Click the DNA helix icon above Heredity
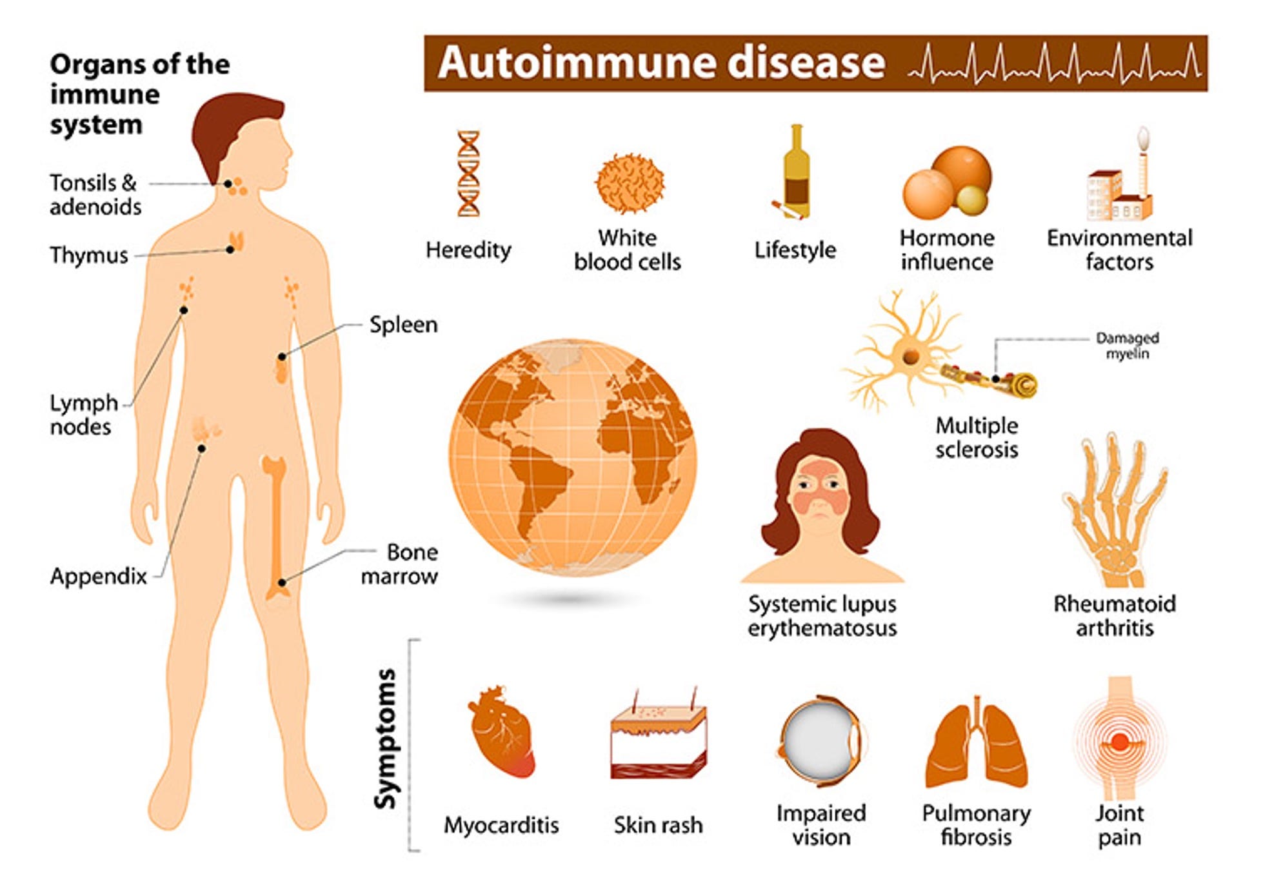pos(468,174)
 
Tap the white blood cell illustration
pos(629,183)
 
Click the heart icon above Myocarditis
pos(501,732)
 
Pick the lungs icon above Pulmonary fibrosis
pos(976,745)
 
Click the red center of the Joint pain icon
pos(1120,742)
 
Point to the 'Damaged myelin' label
pos(1127,346)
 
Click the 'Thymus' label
pos(89,255)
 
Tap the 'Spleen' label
pos(403,324)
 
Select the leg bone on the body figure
pos(276,523)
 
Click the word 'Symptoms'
pos(386,739)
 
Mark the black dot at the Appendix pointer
pos(202,448)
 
